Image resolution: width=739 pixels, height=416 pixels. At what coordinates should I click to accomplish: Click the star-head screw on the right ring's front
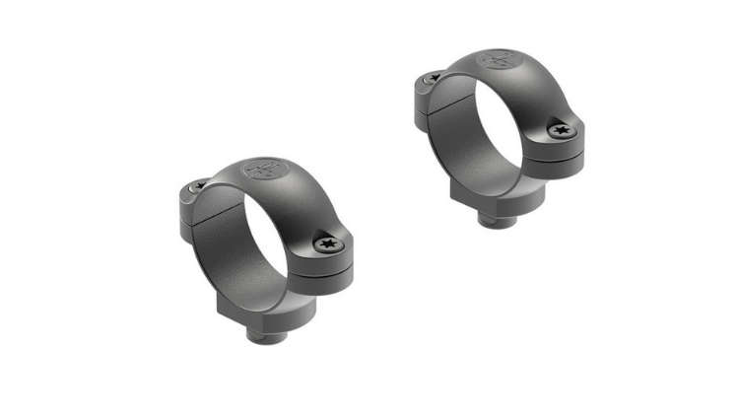click(x=561, y=130)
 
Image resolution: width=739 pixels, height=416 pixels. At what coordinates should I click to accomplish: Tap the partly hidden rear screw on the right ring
click(x=431, y=78)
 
